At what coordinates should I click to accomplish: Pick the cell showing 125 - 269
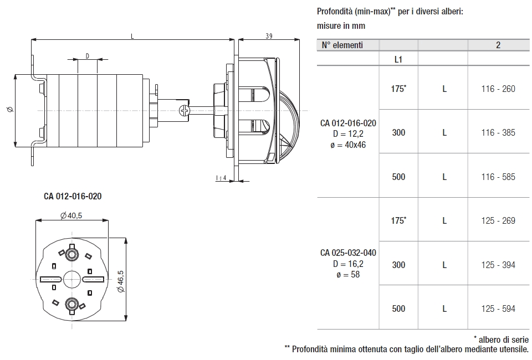pos(498,220)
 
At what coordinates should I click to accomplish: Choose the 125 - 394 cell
pos(498,265)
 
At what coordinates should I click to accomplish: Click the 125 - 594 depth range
pos(498,308)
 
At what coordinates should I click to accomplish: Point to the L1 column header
pos(398,59)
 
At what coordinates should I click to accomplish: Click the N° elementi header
pos(342,45)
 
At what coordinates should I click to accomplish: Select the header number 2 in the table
pos(498,45)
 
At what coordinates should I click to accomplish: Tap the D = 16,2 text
pos(348,264)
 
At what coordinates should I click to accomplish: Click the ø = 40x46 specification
pos(348,145)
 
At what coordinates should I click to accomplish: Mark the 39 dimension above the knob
pos(268,36)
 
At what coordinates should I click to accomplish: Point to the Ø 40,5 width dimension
pos(71,215)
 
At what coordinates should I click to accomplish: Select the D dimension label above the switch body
pos(88,55)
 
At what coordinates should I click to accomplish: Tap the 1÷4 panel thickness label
pos(221,177)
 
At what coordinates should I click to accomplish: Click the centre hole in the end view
pos(71,279)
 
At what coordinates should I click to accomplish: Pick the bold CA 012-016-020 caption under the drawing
pos(72,196)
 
